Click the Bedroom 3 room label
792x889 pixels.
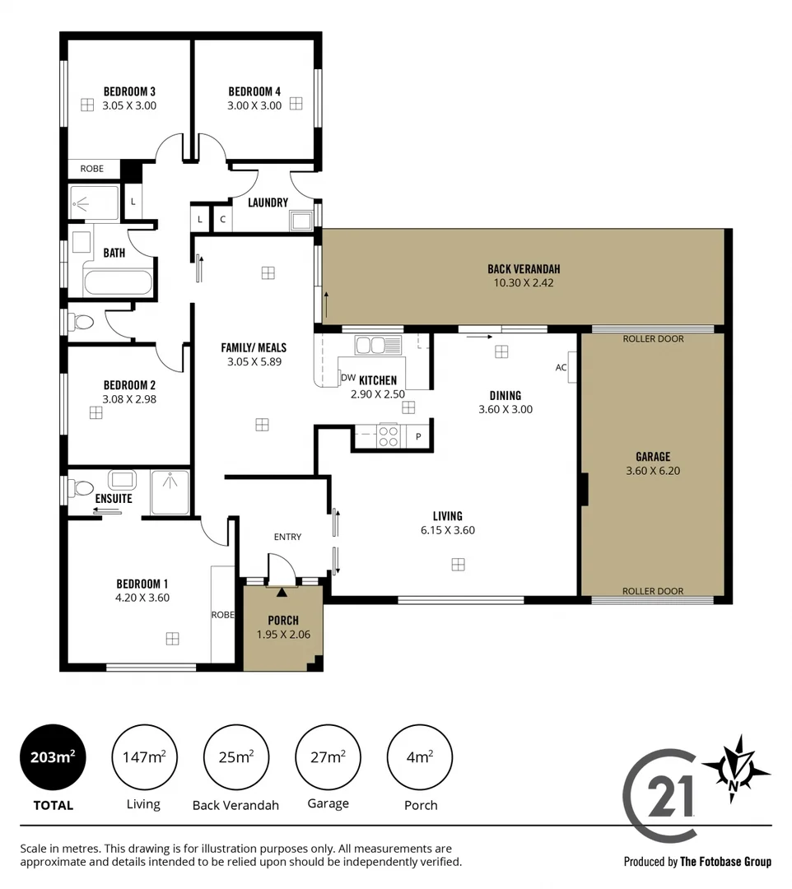(x=129, y=91)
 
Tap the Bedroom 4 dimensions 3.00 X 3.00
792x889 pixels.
(x=254, y=105)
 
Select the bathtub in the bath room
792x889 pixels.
(x=117, y=283)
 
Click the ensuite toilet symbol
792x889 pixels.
(x=82, y=488)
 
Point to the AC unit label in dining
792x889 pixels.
(x=561, y=367)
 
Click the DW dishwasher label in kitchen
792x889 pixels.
(x=347, y=378)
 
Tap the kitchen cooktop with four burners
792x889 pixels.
(x=387, y=435)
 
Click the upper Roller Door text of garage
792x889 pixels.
(x=653, y=338)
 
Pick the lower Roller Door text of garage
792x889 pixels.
(x=653, y=591)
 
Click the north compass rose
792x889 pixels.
(x=734, y=768)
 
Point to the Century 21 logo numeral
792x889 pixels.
(x=671, y=795)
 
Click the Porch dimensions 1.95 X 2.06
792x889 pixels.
(x=282, y=635)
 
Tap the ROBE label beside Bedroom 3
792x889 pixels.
(x=91, y=169)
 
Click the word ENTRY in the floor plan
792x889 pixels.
(x=287, y=537)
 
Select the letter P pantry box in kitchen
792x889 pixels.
(x=418, y=437)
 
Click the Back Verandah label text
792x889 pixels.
(x=524, y=269)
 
